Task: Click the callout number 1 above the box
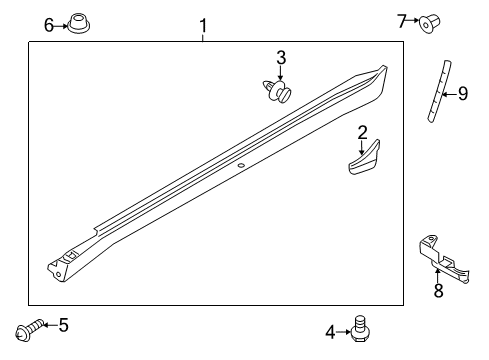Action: [203, 24]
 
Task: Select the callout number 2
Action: [362, 131]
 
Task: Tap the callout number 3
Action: [281, 58]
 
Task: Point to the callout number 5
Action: [63, 324]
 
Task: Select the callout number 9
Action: [462, 95]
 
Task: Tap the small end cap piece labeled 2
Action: [364, 161]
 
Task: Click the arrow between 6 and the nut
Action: [62, 24]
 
